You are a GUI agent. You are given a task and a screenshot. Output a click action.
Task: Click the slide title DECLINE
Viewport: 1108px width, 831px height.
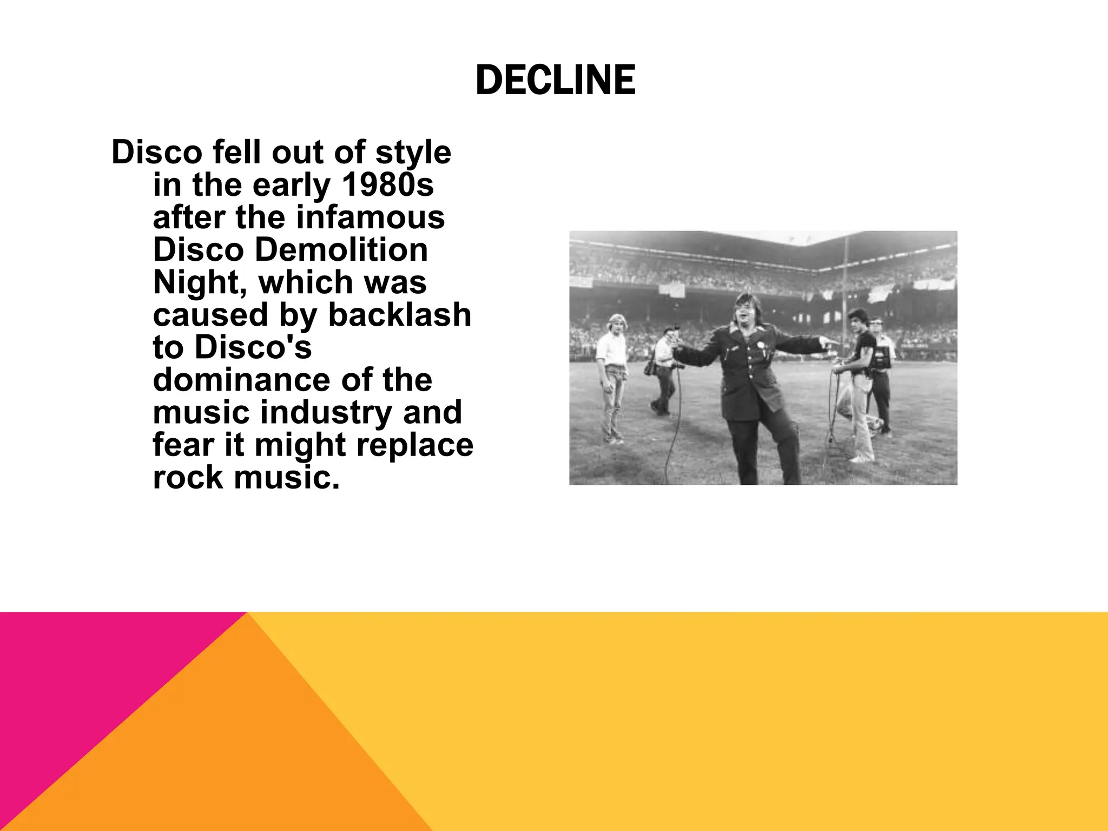tap(555, 80)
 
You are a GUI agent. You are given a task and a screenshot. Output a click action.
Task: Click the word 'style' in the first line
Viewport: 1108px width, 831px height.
tap(413, 153)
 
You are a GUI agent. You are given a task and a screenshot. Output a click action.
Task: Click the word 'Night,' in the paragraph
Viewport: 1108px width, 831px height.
tap(200, 282)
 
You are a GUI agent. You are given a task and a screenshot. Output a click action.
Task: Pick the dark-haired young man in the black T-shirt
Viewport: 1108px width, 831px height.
tap(860, 379)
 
